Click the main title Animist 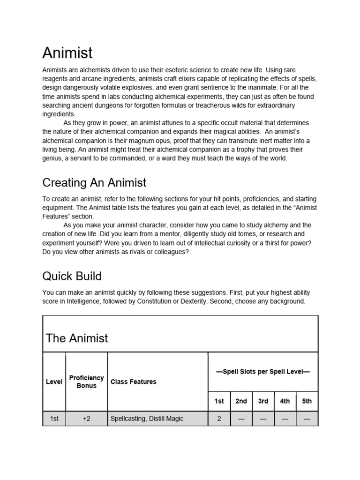(67, 52)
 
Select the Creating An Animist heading (94, 182)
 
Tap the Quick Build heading (72, 276)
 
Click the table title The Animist (77, 338)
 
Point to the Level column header (54, 382)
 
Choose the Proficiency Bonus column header (86, 382)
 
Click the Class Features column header (134, 382)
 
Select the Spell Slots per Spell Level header (262, 372)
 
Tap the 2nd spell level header (241, 401)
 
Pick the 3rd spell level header (263, 401)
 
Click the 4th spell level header (285, 401)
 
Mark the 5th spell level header (307, 401)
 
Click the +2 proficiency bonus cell (86, 419)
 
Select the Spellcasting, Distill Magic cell (147, 419)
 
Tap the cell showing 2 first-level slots (219, 419)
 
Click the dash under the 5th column (307, 419)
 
